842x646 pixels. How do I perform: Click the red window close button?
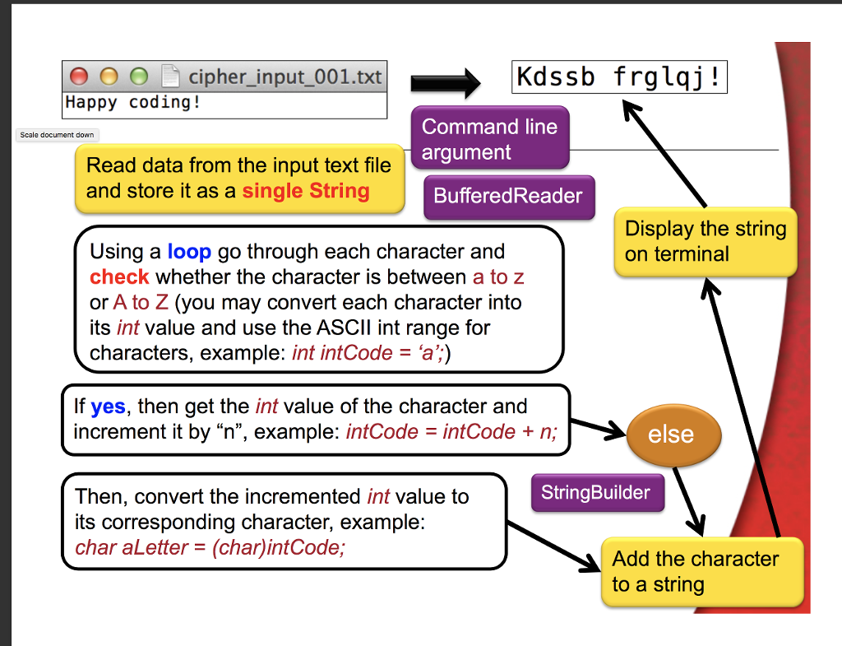(x=79, y=77)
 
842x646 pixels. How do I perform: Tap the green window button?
(x=139, y=77)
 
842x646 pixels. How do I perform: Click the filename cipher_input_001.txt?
(x=285, y=77)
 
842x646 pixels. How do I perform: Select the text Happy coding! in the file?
(x=132, y=102)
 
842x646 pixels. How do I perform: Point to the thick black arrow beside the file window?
(x=446, y=83)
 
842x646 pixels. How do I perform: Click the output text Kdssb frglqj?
(x=618, y=77)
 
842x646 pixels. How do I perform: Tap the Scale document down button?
(x=57, y=135)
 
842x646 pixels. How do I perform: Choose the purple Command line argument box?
(x=490, y=138)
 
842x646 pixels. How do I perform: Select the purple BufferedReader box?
(x=508, y=196)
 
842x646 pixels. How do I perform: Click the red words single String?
(x=306, y=191)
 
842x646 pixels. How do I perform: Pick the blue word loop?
(x=189, y=252)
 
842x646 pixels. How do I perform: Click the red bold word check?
(x=119, y=277)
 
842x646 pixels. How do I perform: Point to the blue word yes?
(x=108, y=407)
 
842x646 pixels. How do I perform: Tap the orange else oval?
(x=673, y=435)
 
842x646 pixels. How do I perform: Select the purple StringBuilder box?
(x=598, y=492)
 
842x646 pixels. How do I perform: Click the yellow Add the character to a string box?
(x=702, y=572)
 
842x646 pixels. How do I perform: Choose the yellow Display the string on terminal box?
(x=705, y=242)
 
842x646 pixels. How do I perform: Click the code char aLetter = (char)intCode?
(x=210, y=547)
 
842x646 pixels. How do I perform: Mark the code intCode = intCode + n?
(x=451, y=431)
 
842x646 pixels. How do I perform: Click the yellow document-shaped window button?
(x=109, y=77)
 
